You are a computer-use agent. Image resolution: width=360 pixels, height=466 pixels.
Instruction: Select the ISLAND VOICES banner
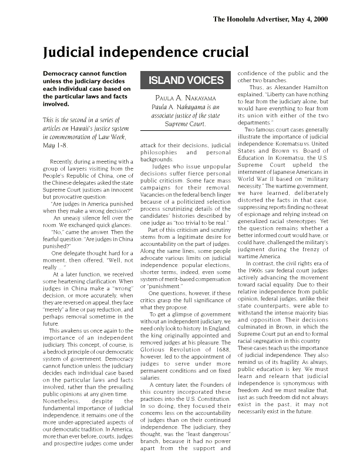181,80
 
